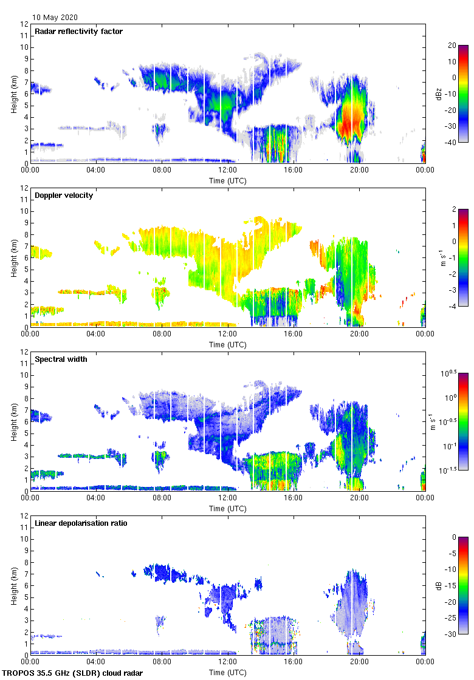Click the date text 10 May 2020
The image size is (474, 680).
tap(55, 18)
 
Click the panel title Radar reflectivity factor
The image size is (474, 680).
tap(79, 32)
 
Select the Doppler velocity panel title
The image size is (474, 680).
tap(64, 195)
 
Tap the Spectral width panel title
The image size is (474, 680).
tap(61, 359)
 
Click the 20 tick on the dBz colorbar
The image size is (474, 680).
tap(452, 46)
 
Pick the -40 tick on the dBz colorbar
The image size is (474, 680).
tap(452, 142)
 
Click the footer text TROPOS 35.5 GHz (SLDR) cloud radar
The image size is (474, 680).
tap(73, 673)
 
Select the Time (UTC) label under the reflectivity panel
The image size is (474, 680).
tap(228, 181)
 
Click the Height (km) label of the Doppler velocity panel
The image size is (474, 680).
tap(14, 258)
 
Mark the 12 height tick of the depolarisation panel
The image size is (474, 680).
tap(24, 515)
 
